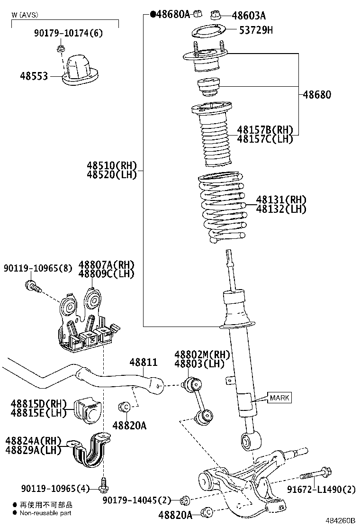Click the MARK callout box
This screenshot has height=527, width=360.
pos(279,398)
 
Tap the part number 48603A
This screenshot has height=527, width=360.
pos(249,16)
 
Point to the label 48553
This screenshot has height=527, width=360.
pos(34,75)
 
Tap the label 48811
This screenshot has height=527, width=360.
pos(144,363)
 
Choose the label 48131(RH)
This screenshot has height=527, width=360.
pos(281,200)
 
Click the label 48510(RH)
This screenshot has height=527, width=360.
pos(111,166)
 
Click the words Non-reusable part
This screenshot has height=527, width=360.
pos(46,513)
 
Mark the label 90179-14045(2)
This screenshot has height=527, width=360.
pos(137,500)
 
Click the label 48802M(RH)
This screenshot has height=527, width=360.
pos(202,355)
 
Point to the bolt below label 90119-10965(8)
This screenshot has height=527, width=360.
pos(33,286)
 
